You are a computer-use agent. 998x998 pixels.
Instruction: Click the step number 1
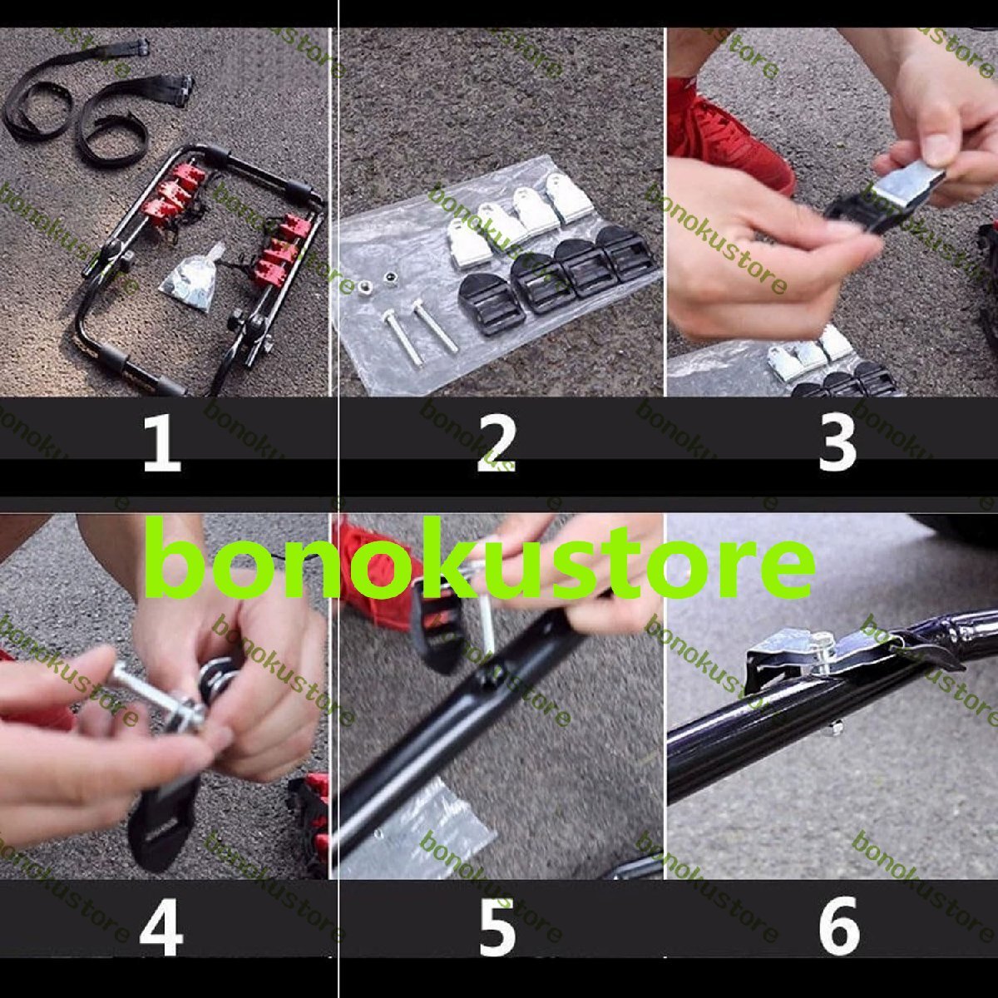click(161, 444)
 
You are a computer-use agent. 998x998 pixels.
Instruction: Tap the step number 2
click(497, 444)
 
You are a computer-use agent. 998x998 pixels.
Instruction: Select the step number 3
click(837, 444)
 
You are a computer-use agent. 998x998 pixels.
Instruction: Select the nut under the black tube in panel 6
click(834, 729)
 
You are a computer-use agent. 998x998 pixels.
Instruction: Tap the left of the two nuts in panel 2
click(363, 285)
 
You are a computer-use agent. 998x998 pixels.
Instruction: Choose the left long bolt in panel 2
click(403, 337)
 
